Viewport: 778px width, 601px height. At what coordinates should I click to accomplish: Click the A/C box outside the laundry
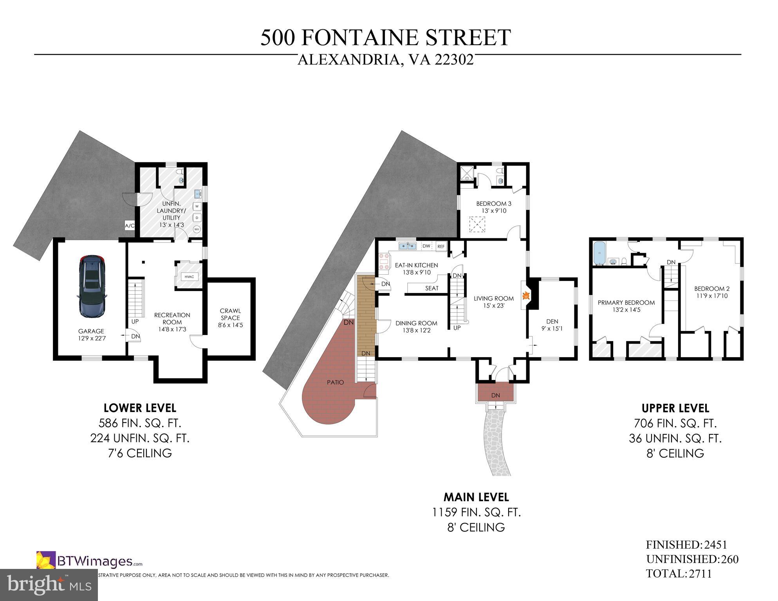click(130, 226)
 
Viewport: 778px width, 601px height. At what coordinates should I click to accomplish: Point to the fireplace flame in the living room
click(527, 295)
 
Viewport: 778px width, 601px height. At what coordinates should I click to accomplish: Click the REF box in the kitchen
click(441, 247)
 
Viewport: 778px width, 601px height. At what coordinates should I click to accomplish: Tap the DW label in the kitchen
click(426, 246)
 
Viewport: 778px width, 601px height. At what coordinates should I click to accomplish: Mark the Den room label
click(552, 322)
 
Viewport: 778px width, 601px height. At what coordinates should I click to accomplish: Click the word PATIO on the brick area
click(336, 382)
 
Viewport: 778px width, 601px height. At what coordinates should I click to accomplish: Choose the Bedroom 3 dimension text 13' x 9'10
click(494, 211)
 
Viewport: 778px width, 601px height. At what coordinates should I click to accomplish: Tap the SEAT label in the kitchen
click(432, 288)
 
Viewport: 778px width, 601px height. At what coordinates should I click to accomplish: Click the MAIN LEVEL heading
click(476, 497)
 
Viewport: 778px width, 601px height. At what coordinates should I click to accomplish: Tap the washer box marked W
click(197, 206)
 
